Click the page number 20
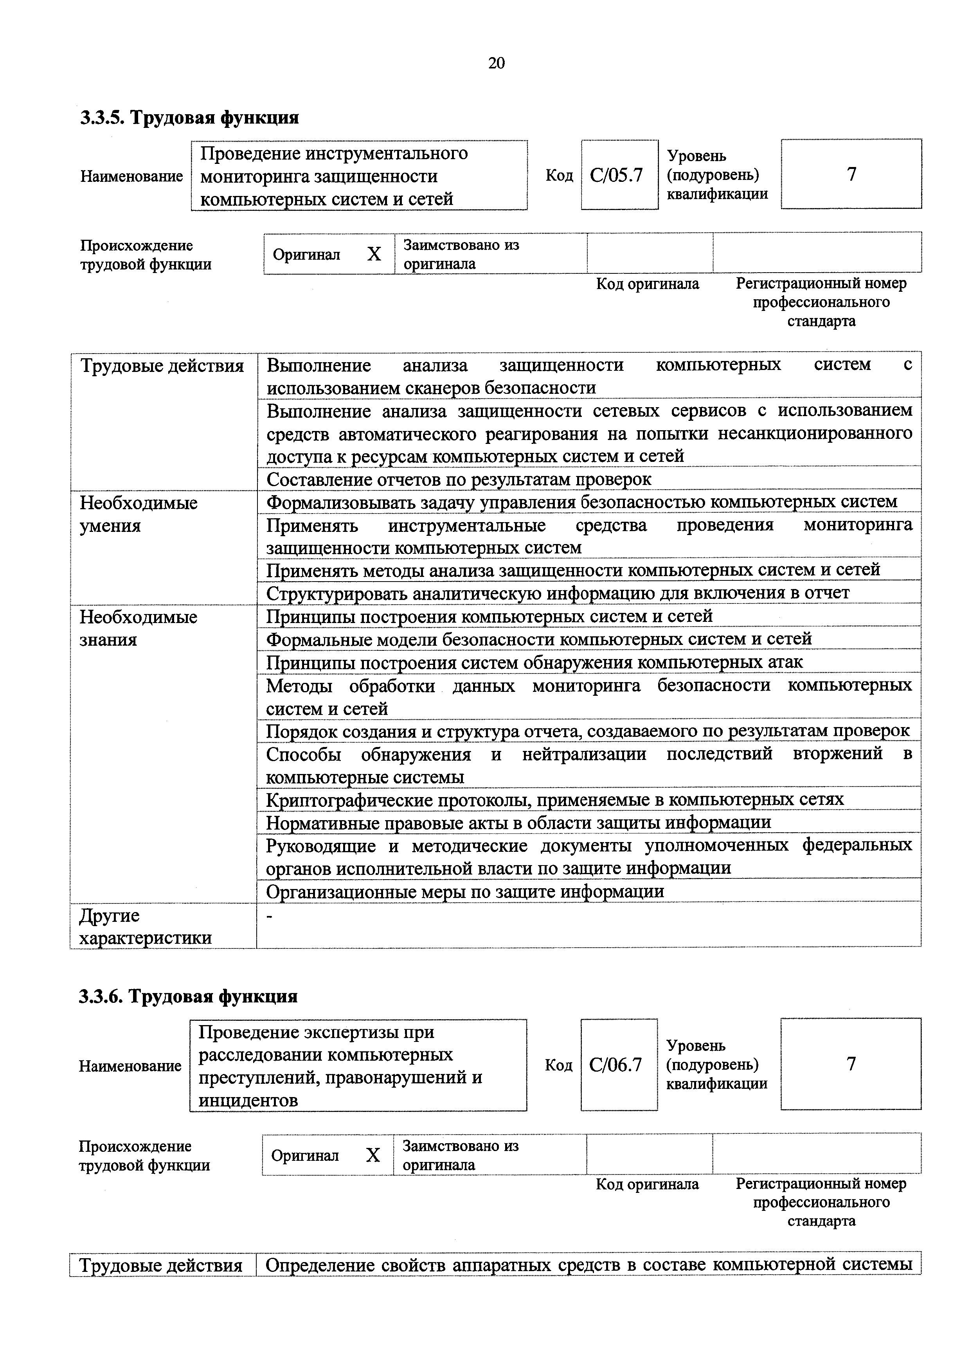coord(496,63)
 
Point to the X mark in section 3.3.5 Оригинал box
coord(374,255)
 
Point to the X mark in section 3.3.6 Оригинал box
coord(373,1155)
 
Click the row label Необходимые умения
coord(139,515)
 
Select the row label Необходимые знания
coord(139,628)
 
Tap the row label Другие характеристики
coord(146,927)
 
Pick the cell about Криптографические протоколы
coord(554,799)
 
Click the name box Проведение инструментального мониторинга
coord(358,176)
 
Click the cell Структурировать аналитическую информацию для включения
coord(558,593)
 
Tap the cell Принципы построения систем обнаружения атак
coord(534,662)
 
